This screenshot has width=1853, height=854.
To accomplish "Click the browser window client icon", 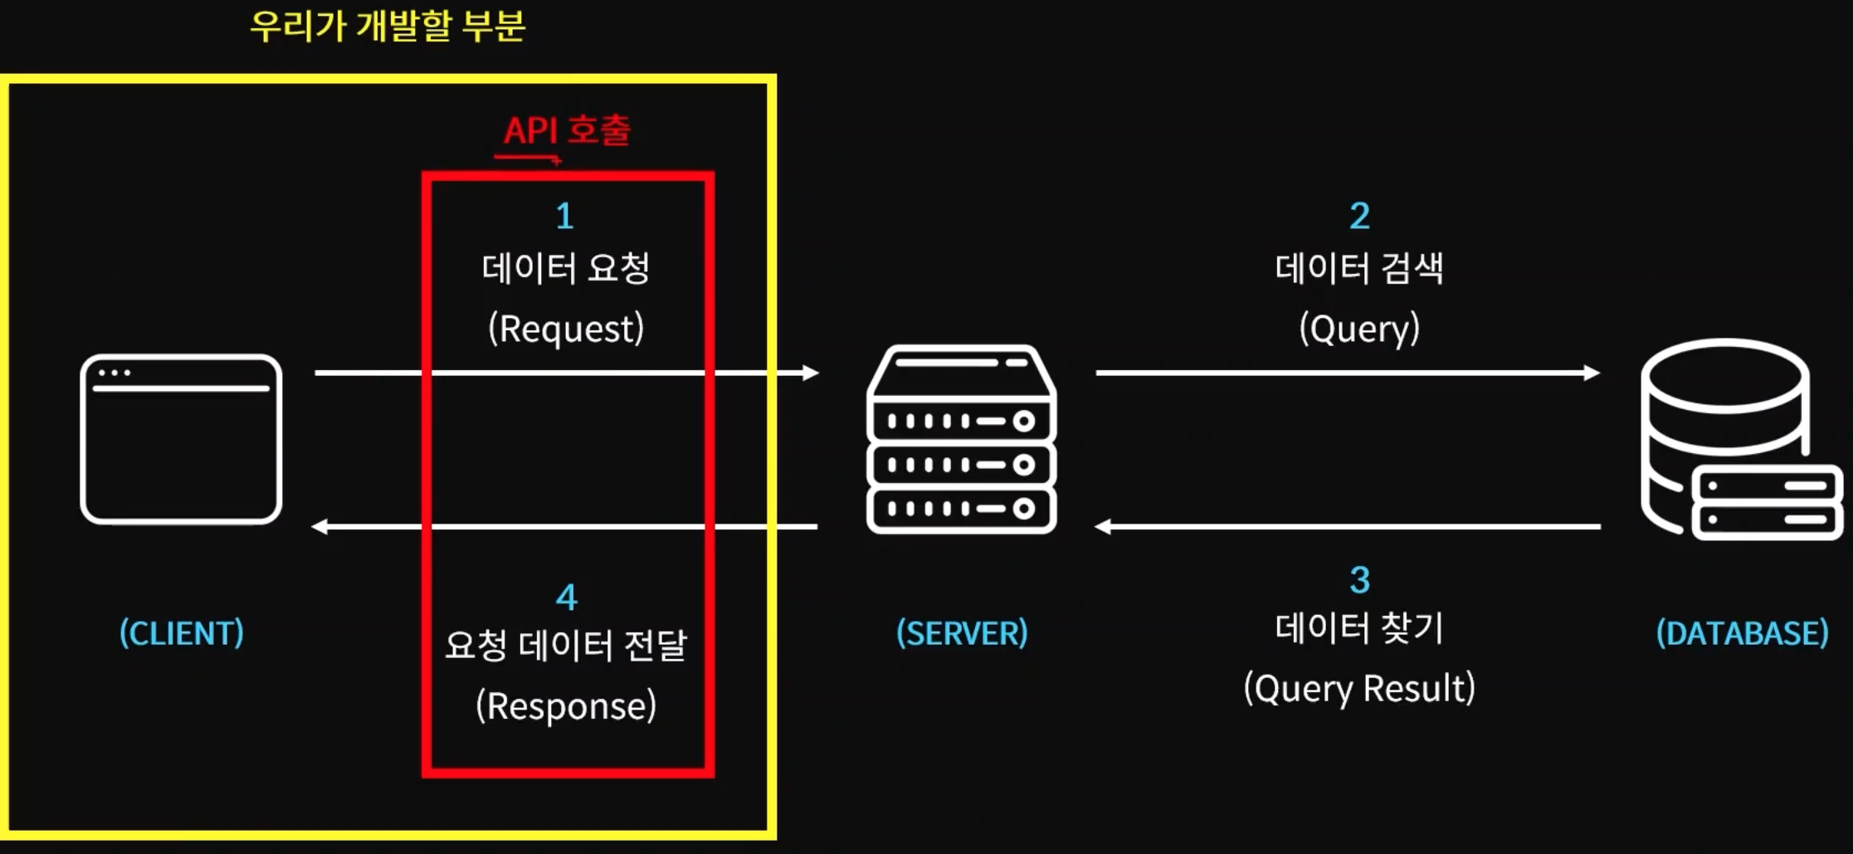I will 181,439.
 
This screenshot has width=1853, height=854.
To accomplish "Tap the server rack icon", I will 961,439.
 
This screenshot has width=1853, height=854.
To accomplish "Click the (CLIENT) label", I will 182,633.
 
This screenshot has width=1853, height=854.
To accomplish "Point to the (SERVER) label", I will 962,633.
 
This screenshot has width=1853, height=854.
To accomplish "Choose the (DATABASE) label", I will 1742,633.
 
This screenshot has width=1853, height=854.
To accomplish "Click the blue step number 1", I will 565,217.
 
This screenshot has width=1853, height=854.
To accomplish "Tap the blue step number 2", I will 1359,217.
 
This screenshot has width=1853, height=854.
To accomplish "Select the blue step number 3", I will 1359,580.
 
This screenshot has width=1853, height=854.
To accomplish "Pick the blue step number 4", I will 566,598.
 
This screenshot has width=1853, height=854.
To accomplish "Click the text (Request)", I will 566,329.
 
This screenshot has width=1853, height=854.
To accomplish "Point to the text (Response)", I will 566,706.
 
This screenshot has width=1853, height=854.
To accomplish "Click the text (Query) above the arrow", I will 1359,329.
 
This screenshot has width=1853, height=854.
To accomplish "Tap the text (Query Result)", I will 1359,689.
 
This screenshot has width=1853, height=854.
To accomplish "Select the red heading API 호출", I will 567,130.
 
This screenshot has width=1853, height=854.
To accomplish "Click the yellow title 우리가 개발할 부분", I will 388,26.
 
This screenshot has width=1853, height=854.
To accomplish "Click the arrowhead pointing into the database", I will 1592,373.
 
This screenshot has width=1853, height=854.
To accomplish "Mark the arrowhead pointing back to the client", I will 319,526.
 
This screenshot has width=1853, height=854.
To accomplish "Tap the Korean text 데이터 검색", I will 1359,268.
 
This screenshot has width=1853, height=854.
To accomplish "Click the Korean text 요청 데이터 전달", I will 566,646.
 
